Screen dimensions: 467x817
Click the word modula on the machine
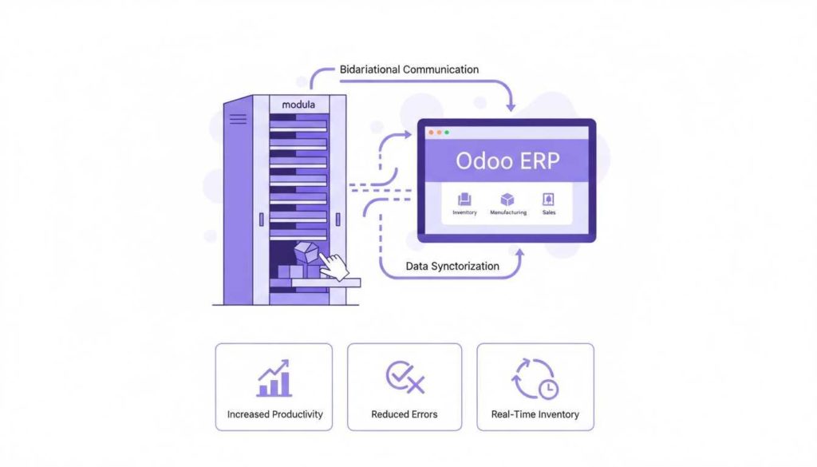pos(299,105)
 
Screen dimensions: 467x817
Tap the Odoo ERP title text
pos(507,160)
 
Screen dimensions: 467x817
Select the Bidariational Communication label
pos(409,69)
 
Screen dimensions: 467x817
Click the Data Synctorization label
pos(453,266)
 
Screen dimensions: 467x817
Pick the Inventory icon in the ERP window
pos(464,200)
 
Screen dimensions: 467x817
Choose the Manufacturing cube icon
pos(507,200)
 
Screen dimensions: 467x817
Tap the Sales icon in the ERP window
pos(549,200)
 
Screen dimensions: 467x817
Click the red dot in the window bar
pos(431,132)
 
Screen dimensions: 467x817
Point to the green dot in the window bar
pos(447,132)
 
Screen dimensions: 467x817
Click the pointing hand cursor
pos(338,267)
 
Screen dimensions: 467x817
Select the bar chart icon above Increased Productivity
pos(274,379)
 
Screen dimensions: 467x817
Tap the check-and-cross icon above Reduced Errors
pos(405,377)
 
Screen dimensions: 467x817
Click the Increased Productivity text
pos(275,414)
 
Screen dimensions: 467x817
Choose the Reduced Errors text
pos(405,414)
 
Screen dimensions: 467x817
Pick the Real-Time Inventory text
pos(535,414)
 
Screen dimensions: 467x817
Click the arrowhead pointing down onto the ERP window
pos(511,106)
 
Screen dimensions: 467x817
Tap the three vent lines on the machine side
pos(238,120)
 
